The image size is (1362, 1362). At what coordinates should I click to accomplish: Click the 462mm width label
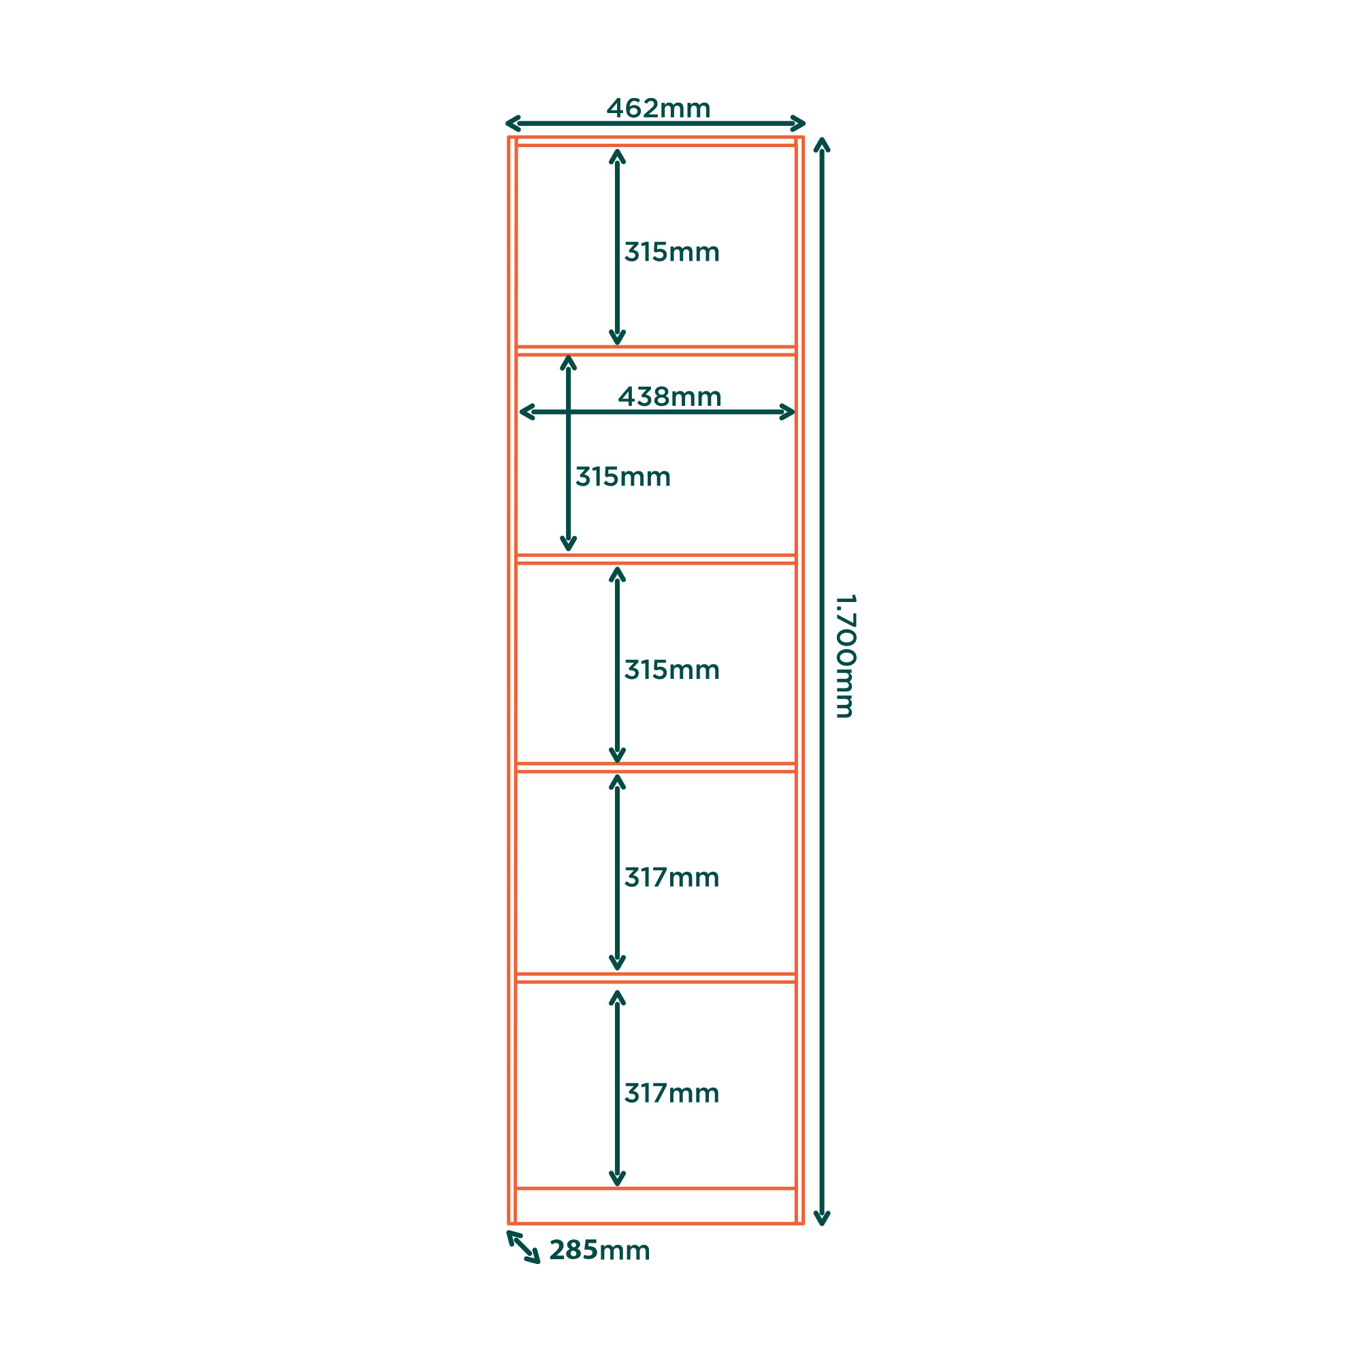tap(659, 108)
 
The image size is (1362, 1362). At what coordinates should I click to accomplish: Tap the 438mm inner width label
tap(669, 397)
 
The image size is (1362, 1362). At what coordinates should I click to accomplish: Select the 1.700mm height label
tap(845, 656)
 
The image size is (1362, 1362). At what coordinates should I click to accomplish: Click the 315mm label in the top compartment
tap(672, 252)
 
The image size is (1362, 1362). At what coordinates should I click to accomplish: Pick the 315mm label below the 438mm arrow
tap(622, 477)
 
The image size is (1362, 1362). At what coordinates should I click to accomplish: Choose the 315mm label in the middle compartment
tap(672, 669)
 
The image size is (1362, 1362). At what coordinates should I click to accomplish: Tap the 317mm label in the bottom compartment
tap(672, 1093)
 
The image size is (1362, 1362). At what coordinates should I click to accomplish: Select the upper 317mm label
tap(672, 877)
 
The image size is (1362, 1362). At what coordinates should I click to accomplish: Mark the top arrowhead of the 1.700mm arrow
tap(821, 144)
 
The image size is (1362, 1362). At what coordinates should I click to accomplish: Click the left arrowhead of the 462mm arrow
tap(513, 123)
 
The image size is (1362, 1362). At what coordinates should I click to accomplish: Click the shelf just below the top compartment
tap(656, 350)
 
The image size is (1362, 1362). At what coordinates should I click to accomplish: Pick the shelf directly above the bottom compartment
tap(656, 978)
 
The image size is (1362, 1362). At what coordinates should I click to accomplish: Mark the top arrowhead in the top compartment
tap(617, 156)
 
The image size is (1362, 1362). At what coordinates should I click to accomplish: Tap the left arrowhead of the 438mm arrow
tap(526, 412)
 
